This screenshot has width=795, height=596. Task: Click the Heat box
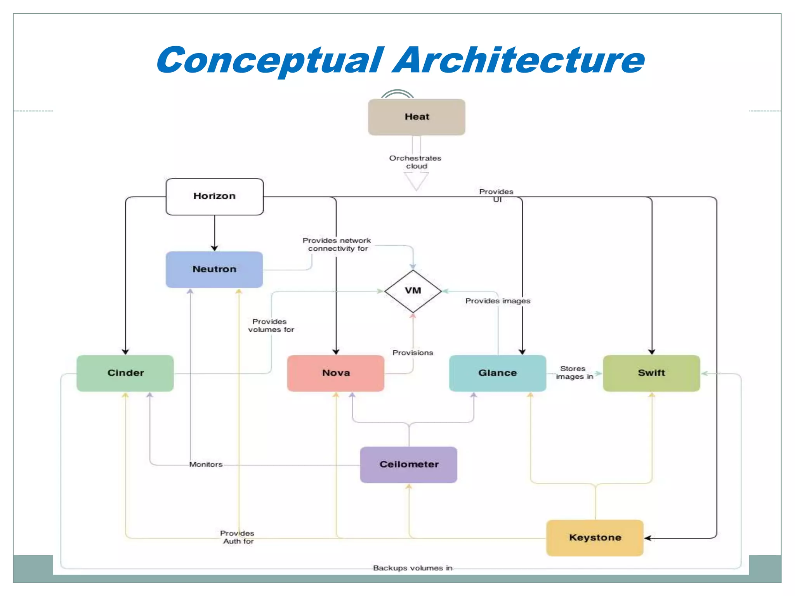[417, 117]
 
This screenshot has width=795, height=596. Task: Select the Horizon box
[214, 196]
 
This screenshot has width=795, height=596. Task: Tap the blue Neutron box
[214, 269]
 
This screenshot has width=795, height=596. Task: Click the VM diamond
[413, 291]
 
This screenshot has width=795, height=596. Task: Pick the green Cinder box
[125, 373]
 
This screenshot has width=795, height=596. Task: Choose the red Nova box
[336, 373]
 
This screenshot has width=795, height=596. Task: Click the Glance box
[497, 373]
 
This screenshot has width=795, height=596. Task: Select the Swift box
[651, 373]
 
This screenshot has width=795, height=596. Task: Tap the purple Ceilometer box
[409, 464]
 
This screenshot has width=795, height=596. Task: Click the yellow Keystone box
[595, 538]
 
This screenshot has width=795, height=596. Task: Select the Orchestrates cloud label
[415, 162]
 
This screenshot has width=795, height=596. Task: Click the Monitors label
[206, 464]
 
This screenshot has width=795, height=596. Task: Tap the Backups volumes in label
[412, 568]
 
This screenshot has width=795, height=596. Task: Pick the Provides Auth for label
[237, 537]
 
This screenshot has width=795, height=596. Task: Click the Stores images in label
[574, 372]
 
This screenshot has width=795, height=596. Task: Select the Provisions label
[413, 353]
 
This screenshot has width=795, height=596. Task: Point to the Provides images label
[498, 301]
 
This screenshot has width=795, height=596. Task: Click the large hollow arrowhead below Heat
[416, 180]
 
